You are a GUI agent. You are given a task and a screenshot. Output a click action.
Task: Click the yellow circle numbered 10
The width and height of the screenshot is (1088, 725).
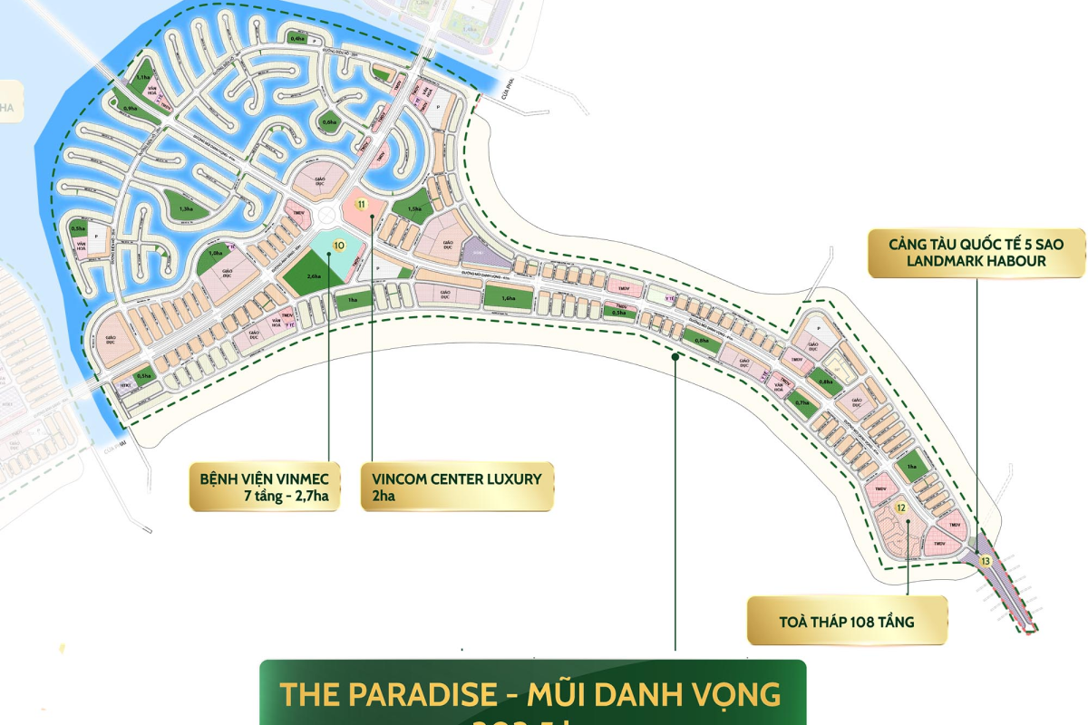pyautogui.click(x=339, y=245)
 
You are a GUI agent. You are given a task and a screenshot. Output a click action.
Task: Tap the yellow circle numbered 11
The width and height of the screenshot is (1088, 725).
pyautogui.click(x=362, y=204)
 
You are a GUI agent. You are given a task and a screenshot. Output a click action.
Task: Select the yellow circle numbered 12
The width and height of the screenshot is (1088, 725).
pyautogui.click(x=900, y=508)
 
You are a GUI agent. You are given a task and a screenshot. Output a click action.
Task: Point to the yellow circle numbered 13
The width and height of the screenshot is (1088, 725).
pyautogui.click(x=986, y=562)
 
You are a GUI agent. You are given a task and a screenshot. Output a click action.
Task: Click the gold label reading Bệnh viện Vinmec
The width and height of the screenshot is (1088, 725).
pyautogui.click(x=265, y=487)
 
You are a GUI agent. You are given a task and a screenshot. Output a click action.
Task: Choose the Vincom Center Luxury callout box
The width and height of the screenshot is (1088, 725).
pyautogui.click(x=457, y=487)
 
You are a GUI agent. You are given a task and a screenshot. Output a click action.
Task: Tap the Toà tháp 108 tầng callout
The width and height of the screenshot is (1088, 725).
pyautogui.click(x=846, y=622)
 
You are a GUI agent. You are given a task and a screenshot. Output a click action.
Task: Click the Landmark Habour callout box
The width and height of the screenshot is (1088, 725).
pyautogui.click(x=976, y=253)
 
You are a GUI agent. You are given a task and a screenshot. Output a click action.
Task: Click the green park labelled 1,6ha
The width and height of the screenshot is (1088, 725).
pyautogui.click(x=507, y=296)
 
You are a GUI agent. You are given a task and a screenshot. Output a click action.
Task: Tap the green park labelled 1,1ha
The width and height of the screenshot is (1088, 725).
pyautogui.click(x=142, y=80)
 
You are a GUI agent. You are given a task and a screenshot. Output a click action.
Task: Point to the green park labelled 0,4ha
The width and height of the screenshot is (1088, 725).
pyautogui.click(x=297, y=38)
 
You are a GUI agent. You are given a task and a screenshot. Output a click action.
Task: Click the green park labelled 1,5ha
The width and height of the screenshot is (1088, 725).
pyautogui.click(x=412, y=209)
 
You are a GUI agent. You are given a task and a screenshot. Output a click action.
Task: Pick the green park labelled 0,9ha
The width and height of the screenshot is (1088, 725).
pyautogui.click(x=129, y=108)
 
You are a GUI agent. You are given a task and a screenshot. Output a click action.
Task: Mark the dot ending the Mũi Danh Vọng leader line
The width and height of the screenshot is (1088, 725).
pyautogui.click(x=675, y=357)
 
